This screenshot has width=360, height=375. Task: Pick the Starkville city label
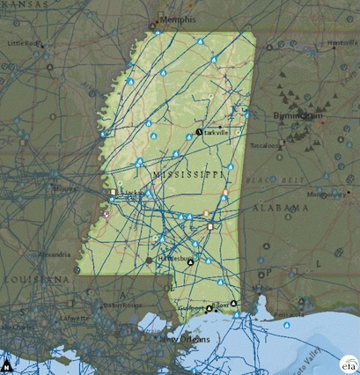pos(217,132)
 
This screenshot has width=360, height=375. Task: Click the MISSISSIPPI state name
pos(188,175)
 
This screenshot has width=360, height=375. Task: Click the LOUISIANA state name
pos(35,279)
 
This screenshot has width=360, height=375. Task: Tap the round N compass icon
pos(7,364)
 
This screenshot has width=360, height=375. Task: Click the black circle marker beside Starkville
pos(199,132)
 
